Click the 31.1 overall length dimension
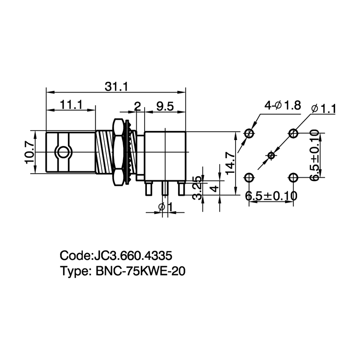(116, 87)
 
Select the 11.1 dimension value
(71, 105)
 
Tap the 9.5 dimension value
(165, 107)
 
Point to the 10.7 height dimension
(30, 152)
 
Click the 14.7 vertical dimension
(230, 163)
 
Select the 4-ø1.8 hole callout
(283, 105)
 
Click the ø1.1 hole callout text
(324, 109)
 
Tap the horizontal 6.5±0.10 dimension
(271, 196)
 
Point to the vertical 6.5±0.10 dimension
(314, 156)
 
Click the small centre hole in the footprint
(271, 156)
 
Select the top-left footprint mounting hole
(249, 133)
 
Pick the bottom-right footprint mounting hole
(293, 177)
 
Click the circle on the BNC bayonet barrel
(63, 152)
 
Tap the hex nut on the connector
(118, 152)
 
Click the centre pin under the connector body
(165, 189)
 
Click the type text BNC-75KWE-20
(140, 271)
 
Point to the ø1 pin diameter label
(165, 207)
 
